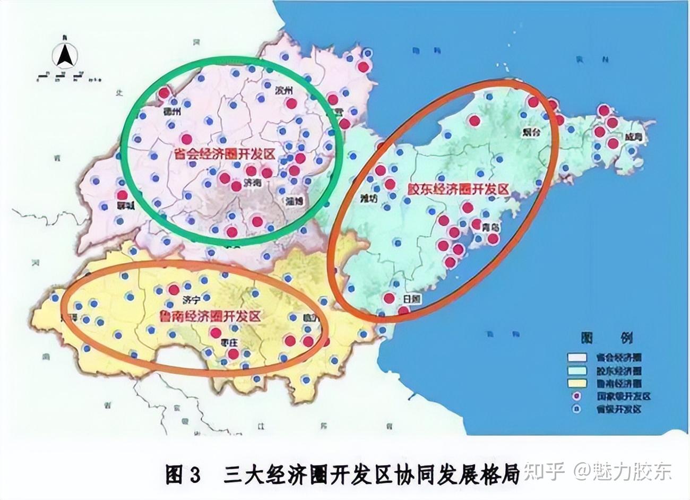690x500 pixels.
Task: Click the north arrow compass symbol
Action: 65,54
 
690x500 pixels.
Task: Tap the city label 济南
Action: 252,184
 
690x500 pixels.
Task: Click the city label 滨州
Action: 284,91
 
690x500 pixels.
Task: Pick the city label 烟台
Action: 530,133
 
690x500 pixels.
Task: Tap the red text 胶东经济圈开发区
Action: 458,189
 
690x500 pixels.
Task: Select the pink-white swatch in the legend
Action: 576,358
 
